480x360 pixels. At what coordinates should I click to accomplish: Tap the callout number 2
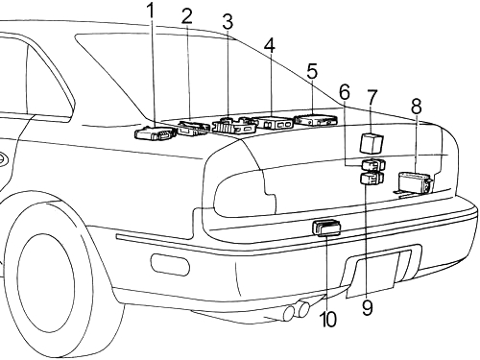(187, 16)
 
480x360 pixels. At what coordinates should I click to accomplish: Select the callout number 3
(228, 22)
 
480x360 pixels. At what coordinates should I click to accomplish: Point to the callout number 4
(270, 45)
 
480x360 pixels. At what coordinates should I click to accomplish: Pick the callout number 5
(312, 71)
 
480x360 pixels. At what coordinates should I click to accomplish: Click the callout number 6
(345, 92)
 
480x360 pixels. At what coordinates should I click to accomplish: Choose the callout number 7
(372, 98)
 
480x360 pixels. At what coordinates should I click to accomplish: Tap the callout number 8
(417, 106)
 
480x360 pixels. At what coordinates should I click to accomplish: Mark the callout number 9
(368, 308)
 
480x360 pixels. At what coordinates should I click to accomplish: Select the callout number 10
(328, 319)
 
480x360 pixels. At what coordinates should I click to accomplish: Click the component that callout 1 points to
(156, 132)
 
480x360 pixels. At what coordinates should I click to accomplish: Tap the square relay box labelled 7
(372, 143)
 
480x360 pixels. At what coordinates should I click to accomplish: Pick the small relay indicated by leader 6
(373, 165)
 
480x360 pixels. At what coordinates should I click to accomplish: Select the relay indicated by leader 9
(372, 179)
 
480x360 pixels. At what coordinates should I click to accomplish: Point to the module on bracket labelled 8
(415, 183)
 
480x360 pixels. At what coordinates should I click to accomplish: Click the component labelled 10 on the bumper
(326, 228)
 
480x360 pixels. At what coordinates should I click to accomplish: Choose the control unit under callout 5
(316, 119)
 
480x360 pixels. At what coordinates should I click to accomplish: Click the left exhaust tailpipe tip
(289, 313)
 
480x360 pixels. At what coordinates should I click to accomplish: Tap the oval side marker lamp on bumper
(170, 264)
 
